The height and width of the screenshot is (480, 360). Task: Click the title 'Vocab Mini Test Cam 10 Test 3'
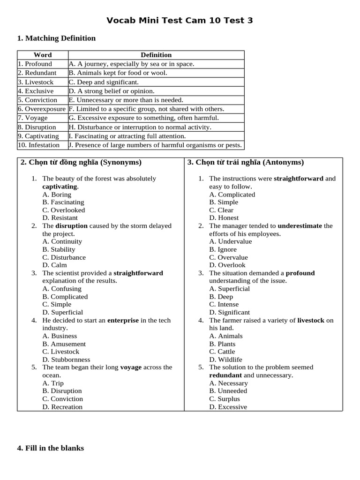pos(180,20)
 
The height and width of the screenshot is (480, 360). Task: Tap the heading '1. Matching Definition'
pos(56,38)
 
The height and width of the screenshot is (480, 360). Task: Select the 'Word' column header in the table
pos(43,55)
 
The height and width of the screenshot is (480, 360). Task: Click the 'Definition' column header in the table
pos(156,55)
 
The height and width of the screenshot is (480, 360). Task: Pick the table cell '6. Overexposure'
pos(42,109)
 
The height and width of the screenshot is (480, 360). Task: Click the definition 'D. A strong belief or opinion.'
pos(112,91)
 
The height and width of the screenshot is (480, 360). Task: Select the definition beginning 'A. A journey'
pos(131,64)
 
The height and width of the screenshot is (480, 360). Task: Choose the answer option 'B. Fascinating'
pos(63,202)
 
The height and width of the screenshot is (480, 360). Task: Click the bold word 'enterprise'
pos(123,320)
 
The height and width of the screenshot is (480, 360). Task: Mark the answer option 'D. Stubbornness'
pos(66,360)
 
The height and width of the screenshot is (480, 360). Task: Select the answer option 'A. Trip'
pos(53,383)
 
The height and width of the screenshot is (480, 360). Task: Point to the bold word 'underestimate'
pos(300,225)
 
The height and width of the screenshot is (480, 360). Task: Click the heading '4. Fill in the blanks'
pos(51,448)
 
